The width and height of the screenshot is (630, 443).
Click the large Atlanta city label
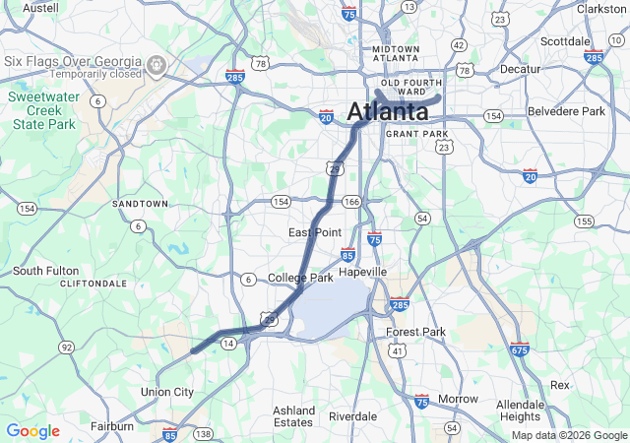tap(387, 110)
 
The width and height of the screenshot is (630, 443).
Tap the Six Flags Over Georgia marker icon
tap(157, 66)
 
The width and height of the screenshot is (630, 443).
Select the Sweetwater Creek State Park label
tap(42, 111)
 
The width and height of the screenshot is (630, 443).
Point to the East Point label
tap(315, 232)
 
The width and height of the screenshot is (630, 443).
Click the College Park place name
tap(300, 279)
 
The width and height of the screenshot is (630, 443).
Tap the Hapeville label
tap(363, 272)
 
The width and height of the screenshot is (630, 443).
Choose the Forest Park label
tap(415, 332)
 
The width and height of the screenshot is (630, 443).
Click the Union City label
tap(167, 392)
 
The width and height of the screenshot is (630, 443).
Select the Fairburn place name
tap(112, 426)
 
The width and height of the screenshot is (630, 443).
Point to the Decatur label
tap(520, 70)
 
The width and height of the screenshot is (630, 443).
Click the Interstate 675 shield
tap(520, 349)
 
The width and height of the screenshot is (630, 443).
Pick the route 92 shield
tap(66, 348)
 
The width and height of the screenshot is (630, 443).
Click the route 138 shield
tap(204, 433)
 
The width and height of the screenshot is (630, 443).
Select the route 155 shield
tap(584, 221)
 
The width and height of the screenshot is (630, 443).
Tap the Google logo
tap(32, 431)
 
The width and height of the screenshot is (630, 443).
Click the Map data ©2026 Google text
tap(568, 435)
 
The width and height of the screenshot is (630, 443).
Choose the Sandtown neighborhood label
tap(141, 203)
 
